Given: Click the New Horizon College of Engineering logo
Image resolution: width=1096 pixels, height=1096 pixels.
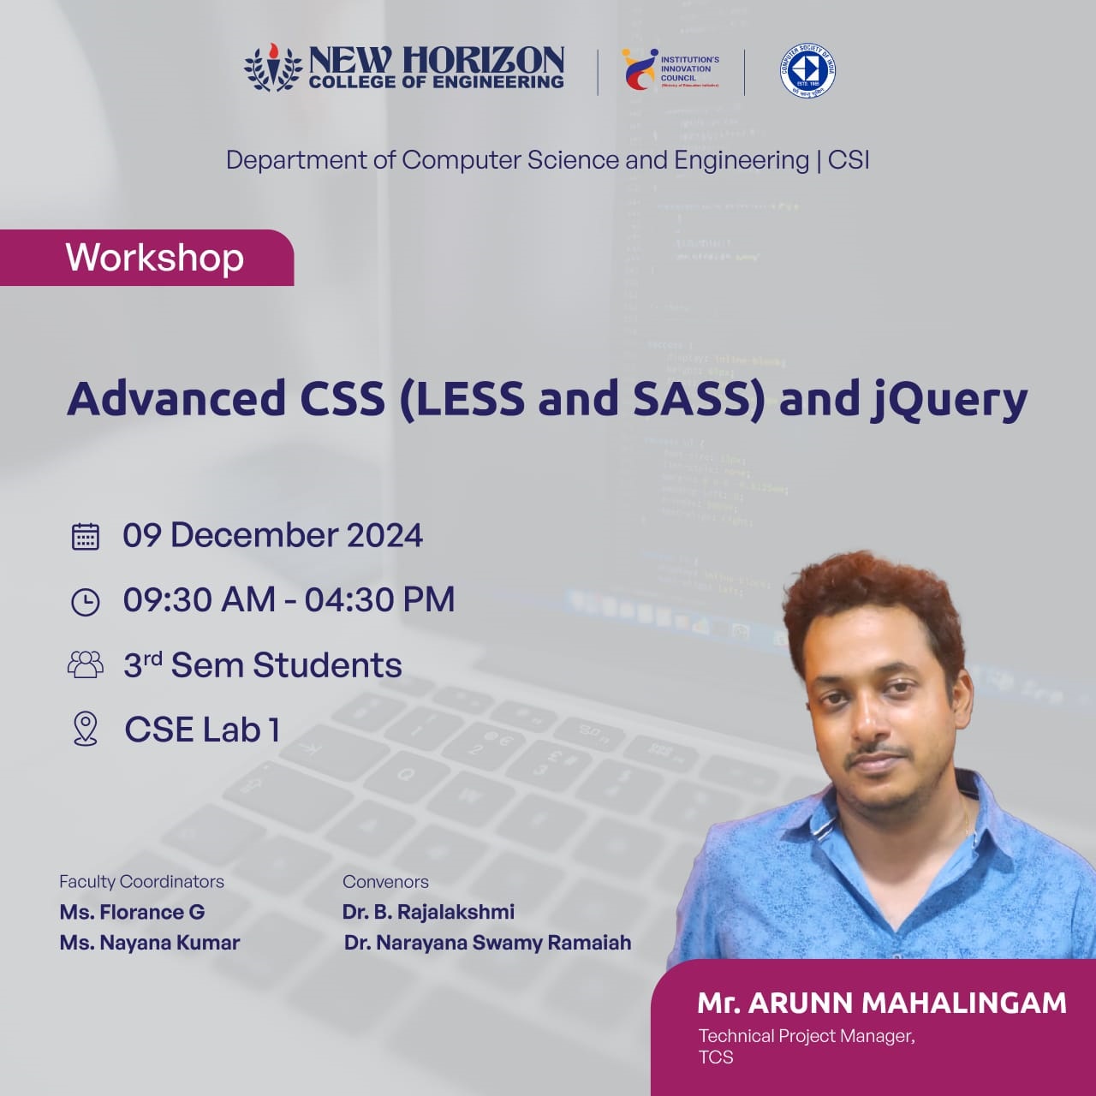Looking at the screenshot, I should (x=404, y=68).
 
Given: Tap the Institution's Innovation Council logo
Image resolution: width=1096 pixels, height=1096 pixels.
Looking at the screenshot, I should (x=671, y=69).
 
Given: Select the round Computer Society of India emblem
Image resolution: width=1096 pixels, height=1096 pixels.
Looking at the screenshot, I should (x=807, y=70).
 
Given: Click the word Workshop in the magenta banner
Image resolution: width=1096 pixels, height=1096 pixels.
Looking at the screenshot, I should (x=155, y=258).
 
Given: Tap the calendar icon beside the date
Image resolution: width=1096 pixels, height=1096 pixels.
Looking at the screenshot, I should (x=85, y=536).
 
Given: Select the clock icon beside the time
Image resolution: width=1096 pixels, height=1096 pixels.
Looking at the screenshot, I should (x=85, y=601).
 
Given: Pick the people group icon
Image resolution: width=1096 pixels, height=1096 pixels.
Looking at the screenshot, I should (x=85, y=665).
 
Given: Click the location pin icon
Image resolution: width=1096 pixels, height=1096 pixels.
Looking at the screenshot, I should (x=85, y=729).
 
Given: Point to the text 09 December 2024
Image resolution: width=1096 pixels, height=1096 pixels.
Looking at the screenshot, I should (x=272, y=535).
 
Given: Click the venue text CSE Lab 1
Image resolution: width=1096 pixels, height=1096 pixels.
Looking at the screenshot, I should (x=202, y=730).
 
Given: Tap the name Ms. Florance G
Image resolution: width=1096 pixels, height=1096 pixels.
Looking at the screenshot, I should (x=132, y=912).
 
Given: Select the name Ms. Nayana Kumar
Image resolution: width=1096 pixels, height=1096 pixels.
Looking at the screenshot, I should (x=150, y=943).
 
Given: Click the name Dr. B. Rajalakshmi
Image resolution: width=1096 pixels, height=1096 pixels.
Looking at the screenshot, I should (x=428, y=912).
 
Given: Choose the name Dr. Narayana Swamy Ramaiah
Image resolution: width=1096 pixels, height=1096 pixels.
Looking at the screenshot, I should (x=487, y=943).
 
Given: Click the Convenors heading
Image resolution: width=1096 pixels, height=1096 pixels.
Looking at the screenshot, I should (x=385, y=881).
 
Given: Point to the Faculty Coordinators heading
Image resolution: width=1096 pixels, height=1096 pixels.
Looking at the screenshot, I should (x=141, y=881).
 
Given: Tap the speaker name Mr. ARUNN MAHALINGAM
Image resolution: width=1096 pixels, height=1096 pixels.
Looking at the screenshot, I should (x=882, y=1003).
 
